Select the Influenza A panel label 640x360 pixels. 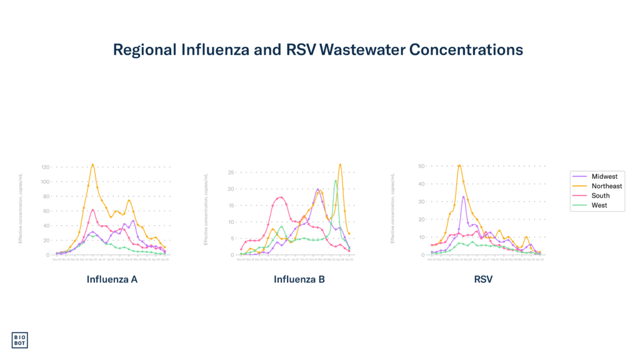tap(112, 279)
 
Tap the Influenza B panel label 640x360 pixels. tap(299, 279)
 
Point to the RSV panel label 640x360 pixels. tap(483, 279)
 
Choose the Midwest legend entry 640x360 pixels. tap(604, 177)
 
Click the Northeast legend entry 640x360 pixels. tap(606, 186)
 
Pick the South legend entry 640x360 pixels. tap(600, 196)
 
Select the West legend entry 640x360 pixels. tap(599, 205)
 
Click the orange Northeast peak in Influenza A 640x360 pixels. tap(93, 164)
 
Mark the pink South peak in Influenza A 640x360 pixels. tap(93, 210)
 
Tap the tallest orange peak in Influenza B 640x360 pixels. tap(340, 164)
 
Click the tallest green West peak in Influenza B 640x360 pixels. tap(336, 180)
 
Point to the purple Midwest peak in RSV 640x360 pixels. tap(463, 197)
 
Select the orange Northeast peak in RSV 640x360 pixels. tap(459, 164)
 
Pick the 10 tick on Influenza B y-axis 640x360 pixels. tap(231, 222)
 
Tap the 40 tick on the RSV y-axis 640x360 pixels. tap(421, 184)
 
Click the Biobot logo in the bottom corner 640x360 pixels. tap(19, 339)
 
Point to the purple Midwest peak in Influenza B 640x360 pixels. tap(318, 189)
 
